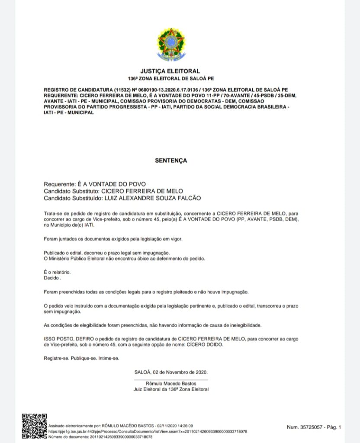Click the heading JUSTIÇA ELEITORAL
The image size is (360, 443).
click(x=170, y=71)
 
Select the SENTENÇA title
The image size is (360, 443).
click(x=171, y=161)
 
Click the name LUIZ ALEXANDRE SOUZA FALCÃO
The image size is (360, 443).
click(x=152, y=198)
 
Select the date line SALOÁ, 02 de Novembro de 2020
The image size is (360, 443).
click(x=171, y=372)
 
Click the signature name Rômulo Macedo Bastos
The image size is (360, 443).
click(x=171, y=383)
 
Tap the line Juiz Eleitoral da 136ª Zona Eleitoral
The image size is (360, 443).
click(x=171, y=389)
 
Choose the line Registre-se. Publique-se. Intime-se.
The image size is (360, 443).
click(x=81, y=358)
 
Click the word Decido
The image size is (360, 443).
click(x=51, y=278)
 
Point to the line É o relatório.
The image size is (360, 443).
click(x=57, y=272)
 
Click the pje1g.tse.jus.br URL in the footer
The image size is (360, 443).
click(x=147, y=431)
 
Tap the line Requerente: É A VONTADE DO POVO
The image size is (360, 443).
click(x=92, y=184)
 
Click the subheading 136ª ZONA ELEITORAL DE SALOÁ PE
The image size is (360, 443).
click(x=170, y=79)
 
